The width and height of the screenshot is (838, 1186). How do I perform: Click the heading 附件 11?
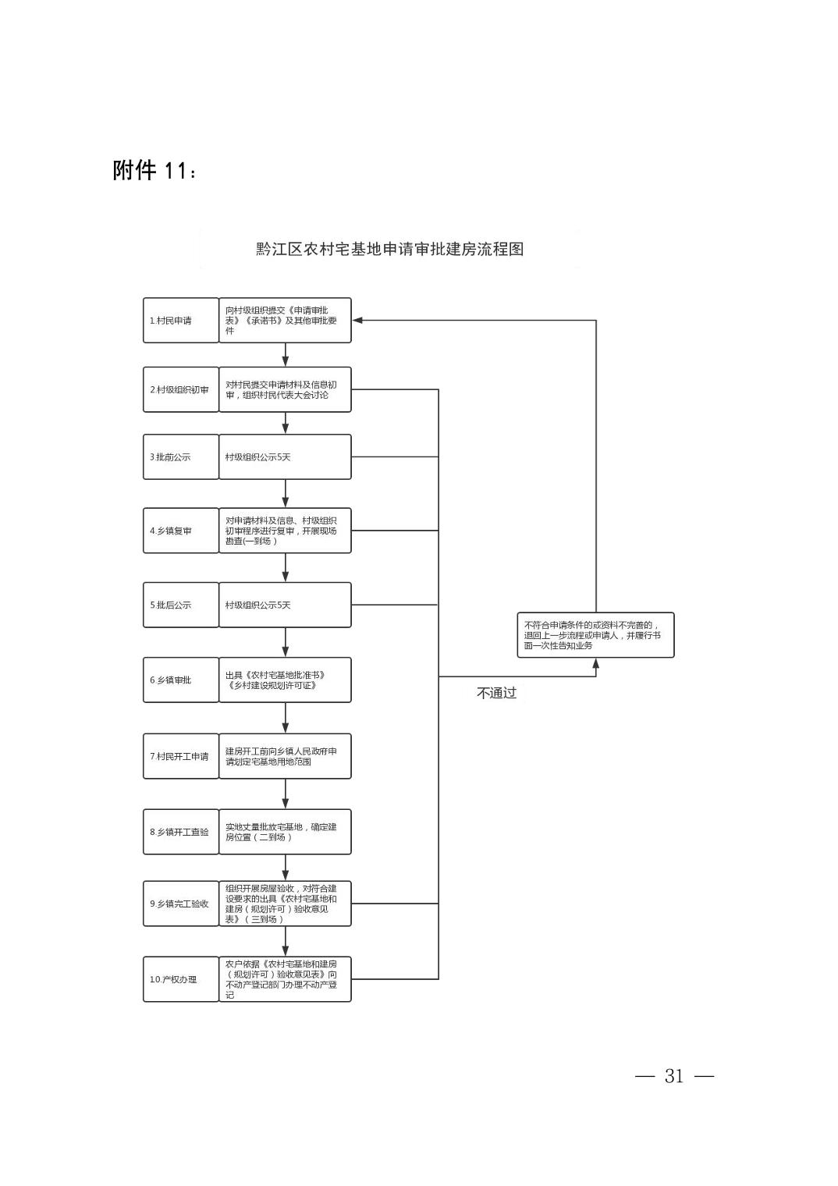(154, 170)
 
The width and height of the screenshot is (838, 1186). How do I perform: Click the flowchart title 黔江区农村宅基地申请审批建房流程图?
(390, 249)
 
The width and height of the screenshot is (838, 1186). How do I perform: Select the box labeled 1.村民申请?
(181, 321)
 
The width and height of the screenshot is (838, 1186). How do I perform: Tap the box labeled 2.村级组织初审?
(181, 389)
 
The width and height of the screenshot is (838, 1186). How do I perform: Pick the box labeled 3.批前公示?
(181, 457)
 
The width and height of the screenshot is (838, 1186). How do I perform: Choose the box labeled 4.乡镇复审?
(181, 531)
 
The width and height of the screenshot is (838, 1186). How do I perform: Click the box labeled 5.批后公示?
(181, 605)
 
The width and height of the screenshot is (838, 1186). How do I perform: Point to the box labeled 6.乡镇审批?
(181, 680)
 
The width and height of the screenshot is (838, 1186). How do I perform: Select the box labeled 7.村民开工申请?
(181, 756)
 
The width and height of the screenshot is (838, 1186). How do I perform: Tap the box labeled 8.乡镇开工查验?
(181, 832)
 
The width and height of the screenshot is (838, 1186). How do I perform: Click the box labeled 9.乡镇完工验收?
(181, 904)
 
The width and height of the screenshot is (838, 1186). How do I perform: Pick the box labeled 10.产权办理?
(181, 979)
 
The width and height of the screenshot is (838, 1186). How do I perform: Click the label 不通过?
(496, 693)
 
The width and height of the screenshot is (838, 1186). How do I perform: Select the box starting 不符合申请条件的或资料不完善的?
(595, 635)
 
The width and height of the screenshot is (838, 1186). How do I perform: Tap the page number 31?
(674, 1076)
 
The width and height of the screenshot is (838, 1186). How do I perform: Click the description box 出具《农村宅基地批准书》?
(286, 680)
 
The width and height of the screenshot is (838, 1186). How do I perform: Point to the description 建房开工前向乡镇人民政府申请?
(286, 756)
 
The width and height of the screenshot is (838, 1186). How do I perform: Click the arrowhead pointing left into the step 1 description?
(357, 321)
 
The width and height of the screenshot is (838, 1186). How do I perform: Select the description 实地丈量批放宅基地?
(286, 832)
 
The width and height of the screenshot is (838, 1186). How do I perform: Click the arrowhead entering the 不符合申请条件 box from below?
(595, 663)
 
